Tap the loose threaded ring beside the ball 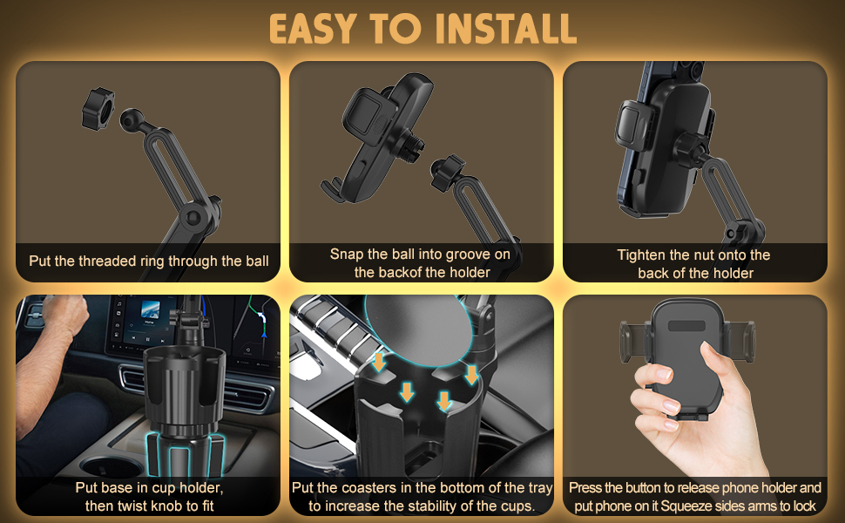click(98, 108)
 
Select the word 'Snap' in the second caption click(347, 255)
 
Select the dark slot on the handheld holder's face click(686, 326)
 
